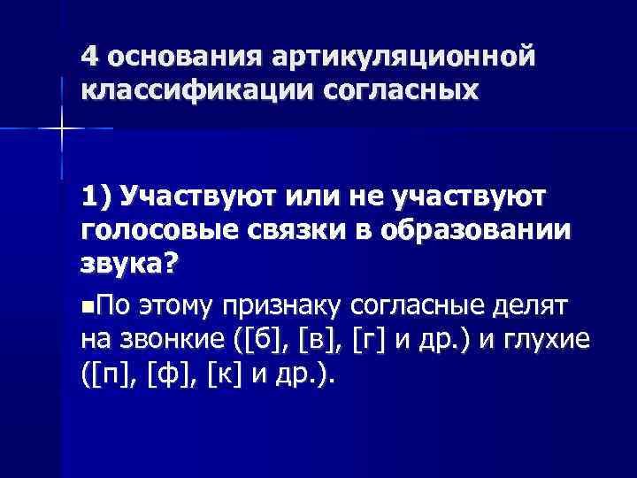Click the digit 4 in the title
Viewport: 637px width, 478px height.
pos(88,56)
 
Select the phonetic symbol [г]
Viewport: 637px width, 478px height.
pos(368,341)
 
